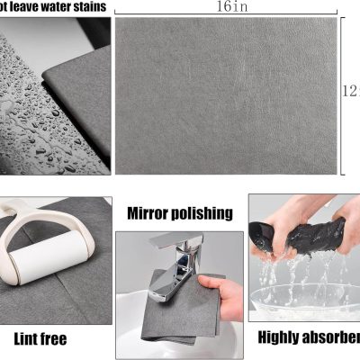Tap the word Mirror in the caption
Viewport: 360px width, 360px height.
[x=149, y=213]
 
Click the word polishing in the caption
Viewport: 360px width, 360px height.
[x=202, y=214]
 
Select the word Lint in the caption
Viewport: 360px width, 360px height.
[x=28, y=339]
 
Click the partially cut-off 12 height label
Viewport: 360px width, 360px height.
[x=353, y=90]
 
